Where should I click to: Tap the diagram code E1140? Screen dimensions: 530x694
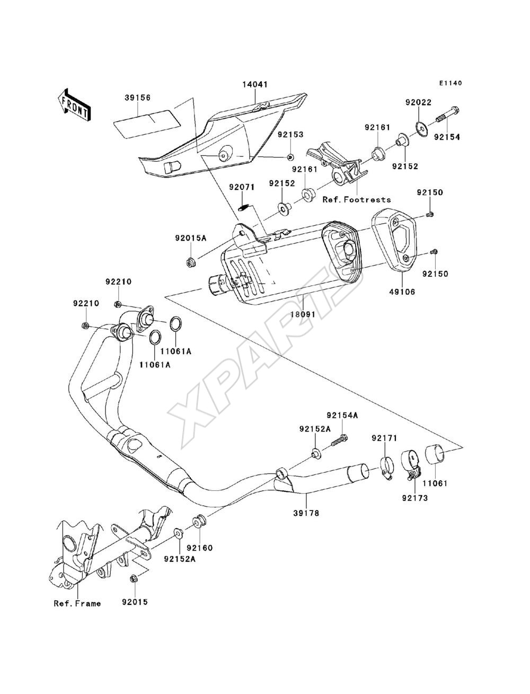450,83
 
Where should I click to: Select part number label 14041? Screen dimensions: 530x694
255,84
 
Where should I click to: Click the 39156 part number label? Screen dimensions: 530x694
137,98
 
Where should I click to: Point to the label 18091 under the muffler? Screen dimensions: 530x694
303,314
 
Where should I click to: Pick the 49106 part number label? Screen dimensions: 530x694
402,292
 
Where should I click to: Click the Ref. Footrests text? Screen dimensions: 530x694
357,199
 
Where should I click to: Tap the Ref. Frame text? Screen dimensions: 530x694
77,603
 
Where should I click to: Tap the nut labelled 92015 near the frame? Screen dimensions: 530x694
133,579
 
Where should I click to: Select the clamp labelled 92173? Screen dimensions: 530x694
410,465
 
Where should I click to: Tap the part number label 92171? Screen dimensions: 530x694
384,438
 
